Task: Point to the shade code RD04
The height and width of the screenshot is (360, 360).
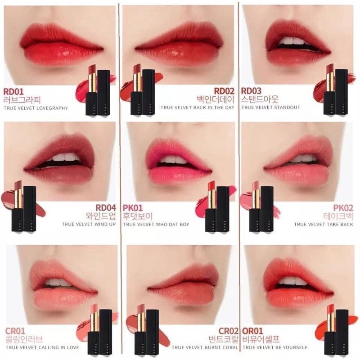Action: click(106, 207)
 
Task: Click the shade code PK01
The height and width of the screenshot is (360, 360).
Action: click(133, 207)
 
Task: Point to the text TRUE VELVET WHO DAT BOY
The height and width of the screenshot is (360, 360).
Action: click(156, 224)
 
